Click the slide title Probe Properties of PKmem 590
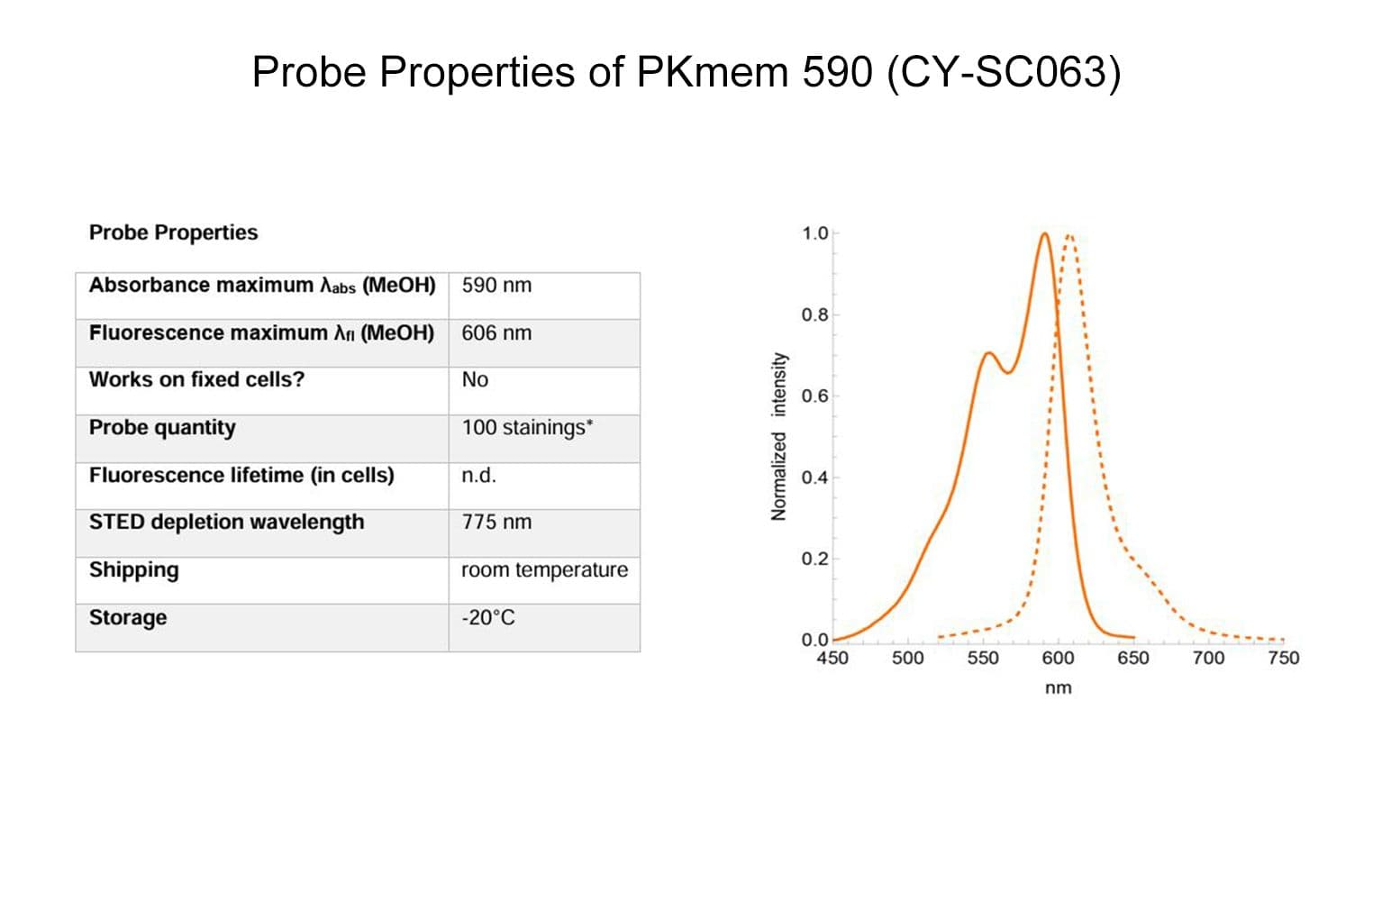686,72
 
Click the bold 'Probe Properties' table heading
174,233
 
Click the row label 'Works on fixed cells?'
196,380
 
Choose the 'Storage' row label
128,618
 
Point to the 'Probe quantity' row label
162,428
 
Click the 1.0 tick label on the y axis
814,233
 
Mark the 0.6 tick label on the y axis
814,396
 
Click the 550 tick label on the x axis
983,659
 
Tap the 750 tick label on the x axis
1284,659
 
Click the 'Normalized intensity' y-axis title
778,436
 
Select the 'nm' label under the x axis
1059,688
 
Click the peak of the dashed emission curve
1069,235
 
